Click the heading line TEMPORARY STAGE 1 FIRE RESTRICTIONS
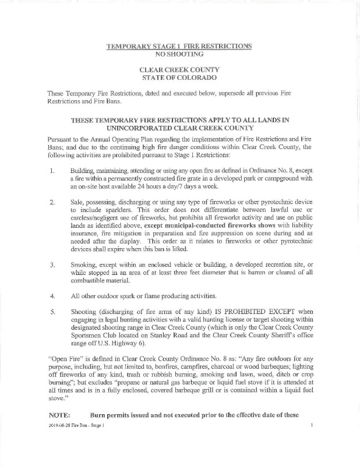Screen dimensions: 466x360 tap(179, 45)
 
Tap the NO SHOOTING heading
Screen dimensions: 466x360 tap(179, 54)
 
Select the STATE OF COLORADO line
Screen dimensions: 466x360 tap(179, 77)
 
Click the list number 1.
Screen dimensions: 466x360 tap(52, 172)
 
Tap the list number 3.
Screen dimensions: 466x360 tap(52, 264)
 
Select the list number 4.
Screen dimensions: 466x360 tap(52, 295)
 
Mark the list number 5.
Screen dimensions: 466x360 tap(52, 311)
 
